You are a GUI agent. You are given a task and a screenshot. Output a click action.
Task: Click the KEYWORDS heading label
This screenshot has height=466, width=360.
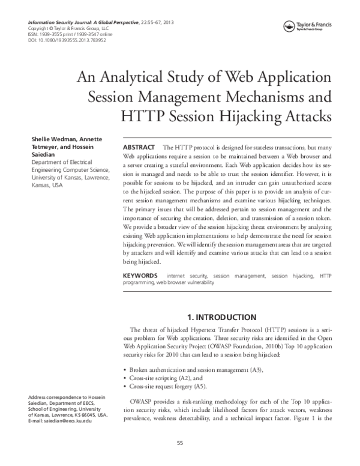click(x=140, y=275)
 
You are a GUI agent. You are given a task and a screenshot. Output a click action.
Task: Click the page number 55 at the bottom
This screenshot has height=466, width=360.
click(x=179, y=443)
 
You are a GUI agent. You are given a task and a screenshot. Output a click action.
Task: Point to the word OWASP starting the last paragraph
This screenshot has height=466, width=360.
click(x=142, y=401)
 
